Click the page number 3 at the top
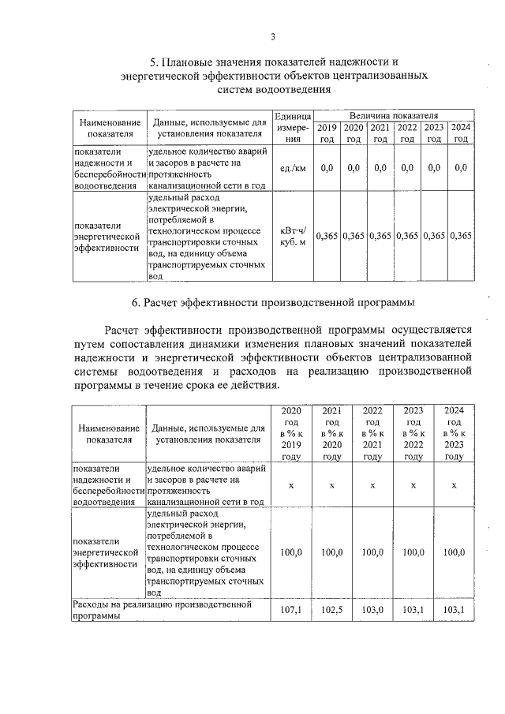[x=272, y=36]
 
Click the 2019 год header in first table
[x=327, y=133]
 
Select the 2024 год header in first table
[x=461, y=133]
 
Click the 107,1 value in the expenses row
[x=291, y=611]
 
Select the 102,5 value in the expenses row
[x=332, y=611]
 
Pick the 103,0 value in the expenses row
[x=372, y=611]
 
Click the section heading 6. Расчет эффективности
[x=272, y=302]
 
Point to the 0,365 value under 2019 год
[x=327, y=236]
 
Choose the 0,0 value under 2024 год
[x=461, y=168]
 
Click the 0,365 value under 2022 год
[x=407, y=236]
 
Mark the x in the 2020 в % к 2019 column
[x=291, y=485]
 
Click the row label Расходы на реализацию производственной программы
[x=162, y=611]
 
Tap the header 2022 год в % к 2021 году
[x=372, y=433]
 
